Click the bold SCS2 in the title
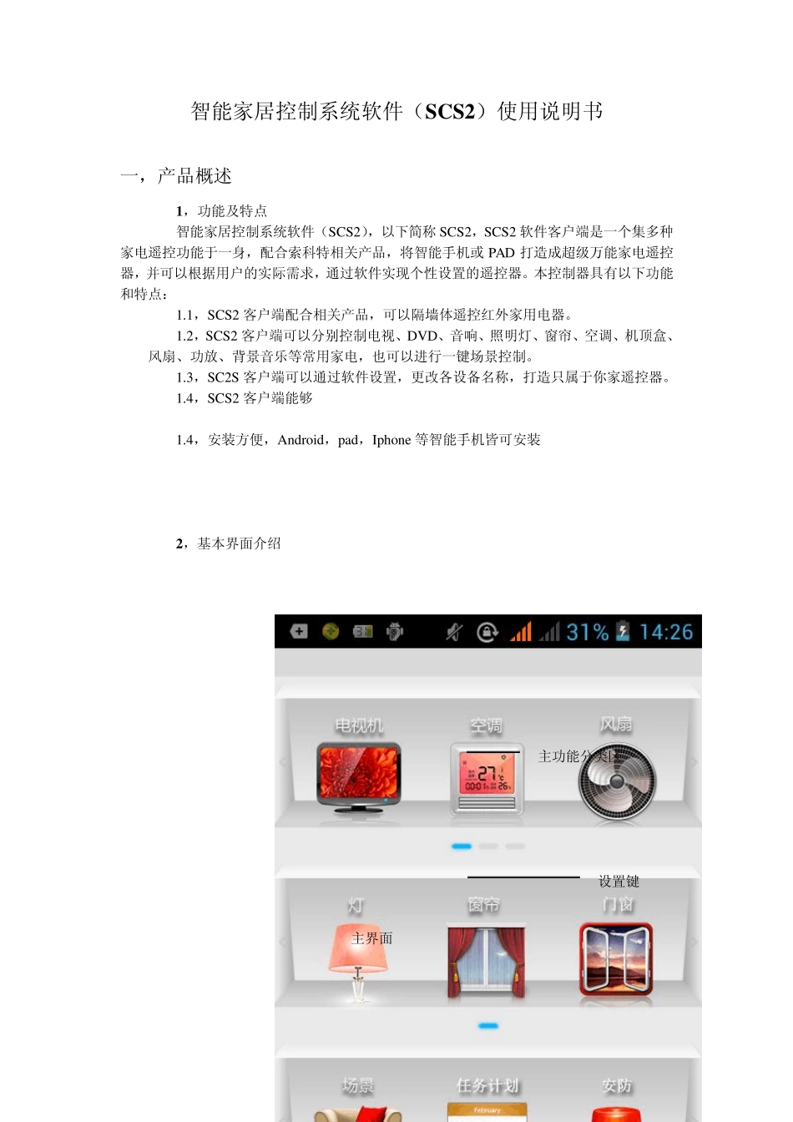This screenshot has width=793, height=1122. point(449,112)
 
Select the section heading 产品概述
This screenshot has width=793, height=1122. point(194,176)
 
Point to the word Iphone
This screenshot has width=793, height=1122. point(391,440)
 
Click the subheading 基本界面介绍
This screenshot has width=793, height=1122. point(239,543)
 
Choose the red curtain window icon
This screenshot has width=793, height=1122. point(487,960)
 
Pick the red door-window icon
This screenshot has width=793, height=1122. point(616,959)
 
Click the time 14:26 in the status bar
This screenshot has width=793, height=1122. point(666,632)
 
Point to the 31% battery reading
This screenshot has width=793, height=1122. point(588,632)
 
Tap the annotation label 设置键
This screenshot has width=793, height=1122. point(619,882)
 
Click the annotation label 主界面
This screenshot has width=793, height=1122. point(372,938)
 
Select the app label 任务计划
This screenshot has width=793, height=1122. point(487,1085)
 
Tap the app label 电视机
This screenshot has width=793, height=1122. point(359,725)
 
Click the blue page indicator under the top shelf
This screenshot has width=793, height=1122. point(462,847)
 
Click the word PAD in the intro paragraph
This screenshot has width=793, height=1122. point(501,252)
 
